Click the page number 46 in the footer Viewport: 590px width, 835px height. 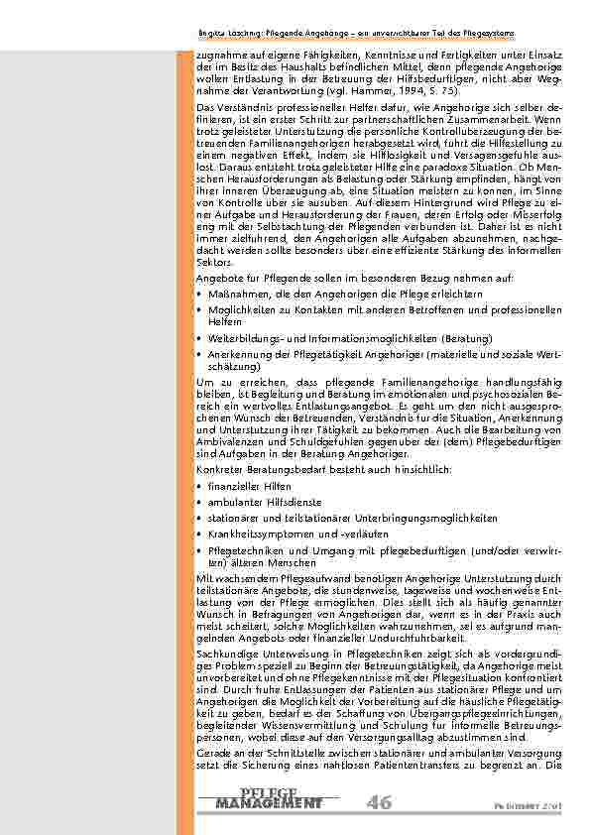click(x=378, y=801)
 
